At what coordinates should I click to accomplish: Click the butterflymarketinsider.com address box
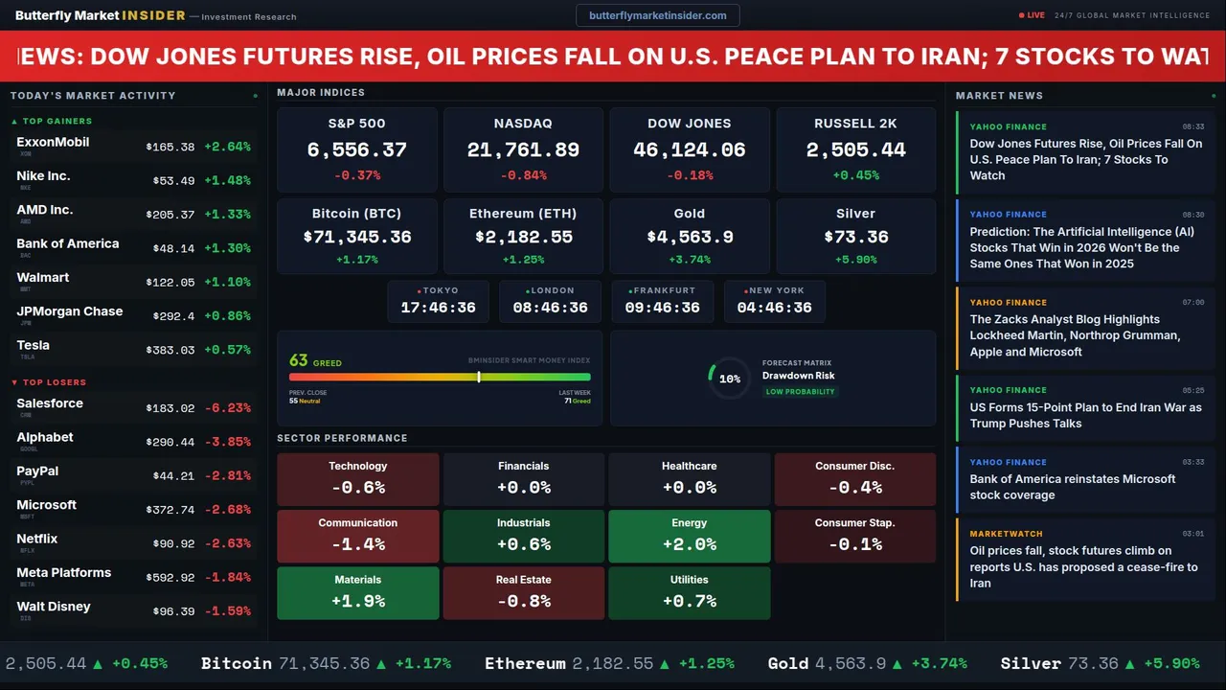pyautogui.click(x=657, y=15)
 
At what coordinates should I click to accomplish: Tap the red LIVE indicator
pyautogui.click(x=1033, y=15)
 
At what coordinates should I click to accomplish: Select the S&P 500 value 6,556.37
pyautogui.click(x=356, y=150)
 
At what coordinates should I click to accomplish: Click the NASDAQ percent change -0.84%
pyautogui.click(x=523, y=175)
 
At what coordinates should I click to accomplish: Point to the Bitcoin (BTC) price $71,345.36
pyautogui.click(x=356, y=237)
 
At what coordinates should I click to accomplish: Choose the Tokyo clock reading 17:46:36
pyautogui.click(x=438, y=308)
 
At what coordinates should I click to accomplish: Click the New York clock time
pyautogui.click(x=774, y=308)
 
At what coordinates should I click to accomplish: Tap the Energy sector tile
pyautogui.click(x=689, y=536)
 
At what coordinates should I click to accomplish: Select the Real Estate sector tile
pyautogui.click(x=523, y=592)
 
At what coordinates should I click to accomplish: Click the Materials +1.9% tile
pyautogui.click(x=357, y=592)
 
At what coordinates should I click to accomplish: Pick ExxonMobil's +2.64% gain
pyautogui.click(x=227, y=147)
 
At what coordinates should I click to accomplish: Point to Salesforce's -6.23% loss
pyautogui.click(x=227, y=407)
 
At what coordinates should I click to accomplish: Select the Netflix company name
pyautogui.click(x=37, y=539)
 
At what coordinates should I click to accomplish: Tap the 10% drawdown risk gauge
pyautogui.click(x=729, y=379)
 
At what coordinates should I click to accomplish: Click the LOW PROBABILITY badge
pyautogui.click(x=800, y=392)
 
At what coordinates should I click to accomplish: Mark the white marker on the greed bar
pyautogui.click(x=479, y=377)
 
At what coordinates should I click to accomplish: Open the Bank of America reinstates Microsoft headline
pyautogui.click(x=1072, y=487)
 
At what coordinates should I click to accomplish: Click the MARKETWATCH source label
pyautogui.click(x=1006, y=534)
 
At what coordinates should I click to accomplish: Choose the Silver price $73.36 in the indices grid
pyautogui.click(x=855, y=237)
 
